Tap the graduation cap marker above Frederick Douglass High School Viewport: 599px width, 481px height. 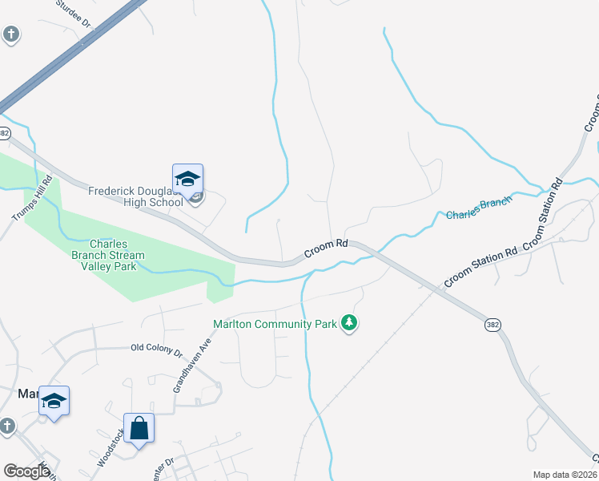coord(187,180)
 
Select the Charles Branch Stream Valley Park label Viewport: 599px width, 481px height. coord(117,255)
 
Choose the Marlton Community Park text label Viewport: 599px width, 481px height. coord(274,324)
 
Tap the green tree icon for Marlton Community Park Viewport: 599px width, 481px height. coord(349,323)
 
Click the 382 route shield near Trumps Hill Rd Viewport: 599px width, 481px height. coord(5,131)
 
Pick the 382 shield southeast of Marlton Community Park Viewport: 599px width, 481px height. coord(493,325)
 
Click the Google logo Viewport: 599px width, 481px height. coord(26,471)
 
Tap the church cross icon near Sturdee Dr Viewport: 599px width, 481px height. coord(10,34)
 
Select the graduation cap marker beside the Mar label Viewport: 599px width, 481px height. coord(54,401)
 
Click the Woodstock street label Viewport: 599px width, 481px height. coord(111,448)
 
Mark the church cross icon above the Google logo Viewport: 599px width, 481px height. coord(6,426)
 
